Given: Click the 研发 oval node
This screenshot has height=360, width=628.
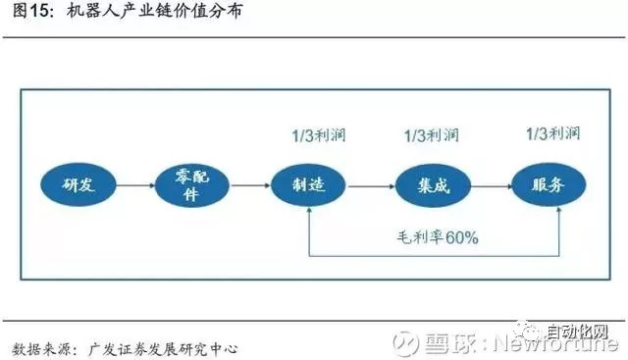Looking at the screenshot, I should [x=76, y=183].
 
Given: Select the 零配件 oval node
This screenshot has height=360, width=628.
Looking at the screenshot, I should [x=190, y=183].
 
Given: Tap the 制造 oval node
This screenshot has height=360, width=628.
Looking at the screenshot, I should [x=311, y=183].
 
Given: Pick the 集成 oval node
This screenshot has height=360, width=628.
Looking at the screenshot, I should [x=430, y=183].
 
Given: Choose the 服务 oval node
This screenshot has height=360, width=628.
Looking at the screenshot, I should [x=548, y=183].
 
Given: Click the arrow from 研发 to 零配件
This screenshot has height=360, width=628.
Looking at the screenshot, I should [x=132, y=183].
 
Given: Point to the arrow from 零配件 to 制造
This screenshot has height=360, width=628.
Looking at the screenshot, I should [x=250, y=183].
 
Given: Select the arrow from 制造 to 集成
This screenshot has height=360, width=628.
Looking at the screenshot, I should [x=370, y=183].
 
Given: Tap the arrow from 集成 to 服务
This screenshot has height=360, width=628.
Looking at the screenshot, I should [x=489, y=183].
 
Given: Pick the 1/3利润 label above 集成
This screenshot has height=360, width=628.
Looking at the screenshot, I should [x=432, y=134].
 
